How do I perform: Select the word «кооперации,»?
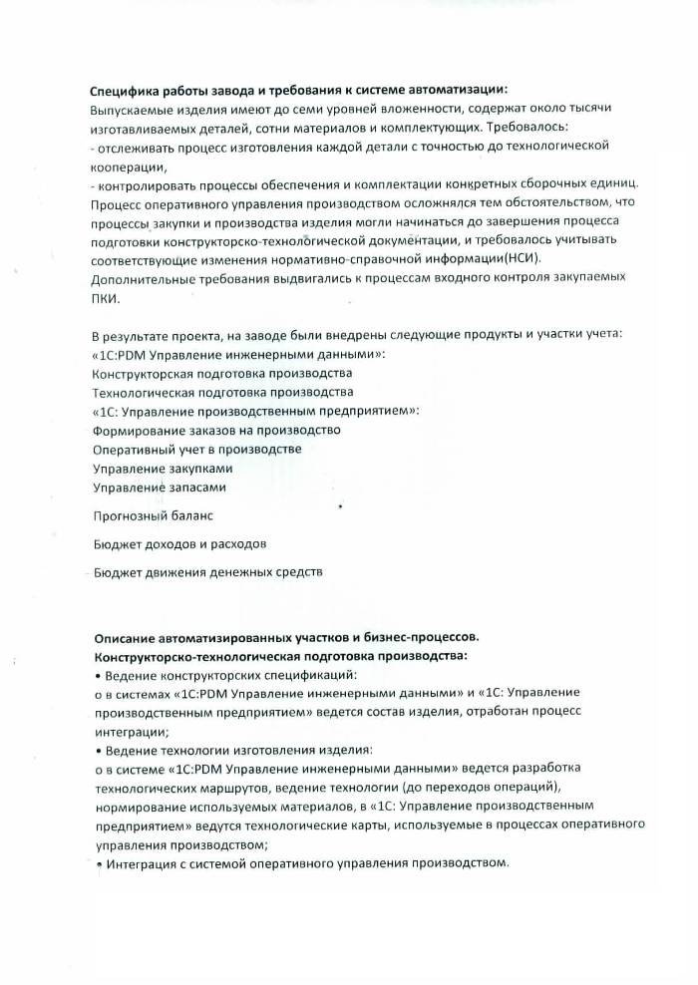pos(126,165)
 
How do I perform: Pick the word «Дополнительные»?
pos(139,279)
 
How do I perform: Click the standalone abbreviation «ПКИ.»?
pos(105,298)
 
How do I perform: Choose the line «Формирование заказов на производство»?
pos(216,431)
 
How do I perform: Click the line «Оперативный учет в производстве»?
pos(196,450)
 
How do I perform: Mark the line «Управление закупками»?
pos(163,469)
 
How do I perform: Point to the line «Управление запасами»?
pos(160,488)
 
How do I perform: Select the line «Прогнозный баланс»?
pos(153,516)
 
